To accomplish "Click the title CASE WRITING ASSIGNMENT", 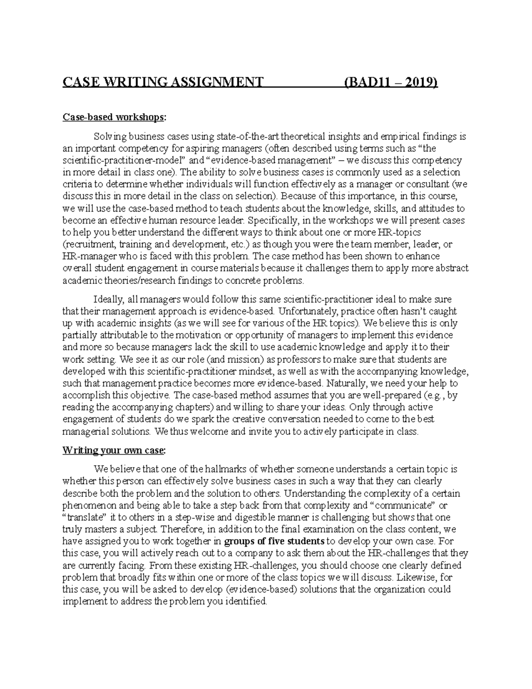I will (163, 83).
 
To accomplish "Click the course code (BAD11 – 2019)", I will (391, 83).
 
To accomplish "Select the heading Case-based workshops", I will (114, 117).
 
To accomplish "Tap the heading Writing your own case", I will (114, 450).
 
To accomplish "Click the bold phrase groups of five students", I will (274, 541).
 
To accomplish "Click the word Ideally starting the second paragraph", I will (107, 299).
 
